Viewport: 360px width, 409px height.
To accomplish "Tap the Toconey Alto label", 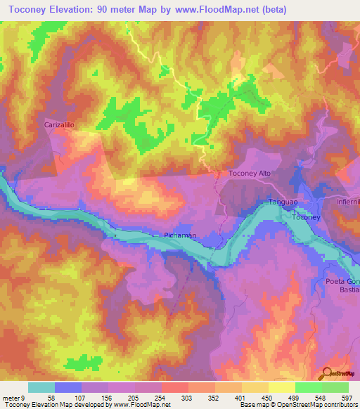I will click(x=250, y=173).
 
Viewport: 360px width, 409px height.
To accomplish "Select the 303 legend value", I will click(x=188, y=396).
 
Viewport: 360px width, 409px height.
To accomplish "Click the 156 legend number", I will click(x=108, y=396).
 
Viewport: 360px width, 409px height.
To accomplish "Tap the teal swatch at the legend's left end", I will click(x=41, y=387).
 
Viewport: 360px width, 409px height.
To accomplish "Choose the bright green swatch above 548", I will click(x=308, y=387).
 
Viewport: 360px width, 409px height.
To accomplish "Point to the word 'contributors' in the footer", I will click(x=337, y=405).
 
